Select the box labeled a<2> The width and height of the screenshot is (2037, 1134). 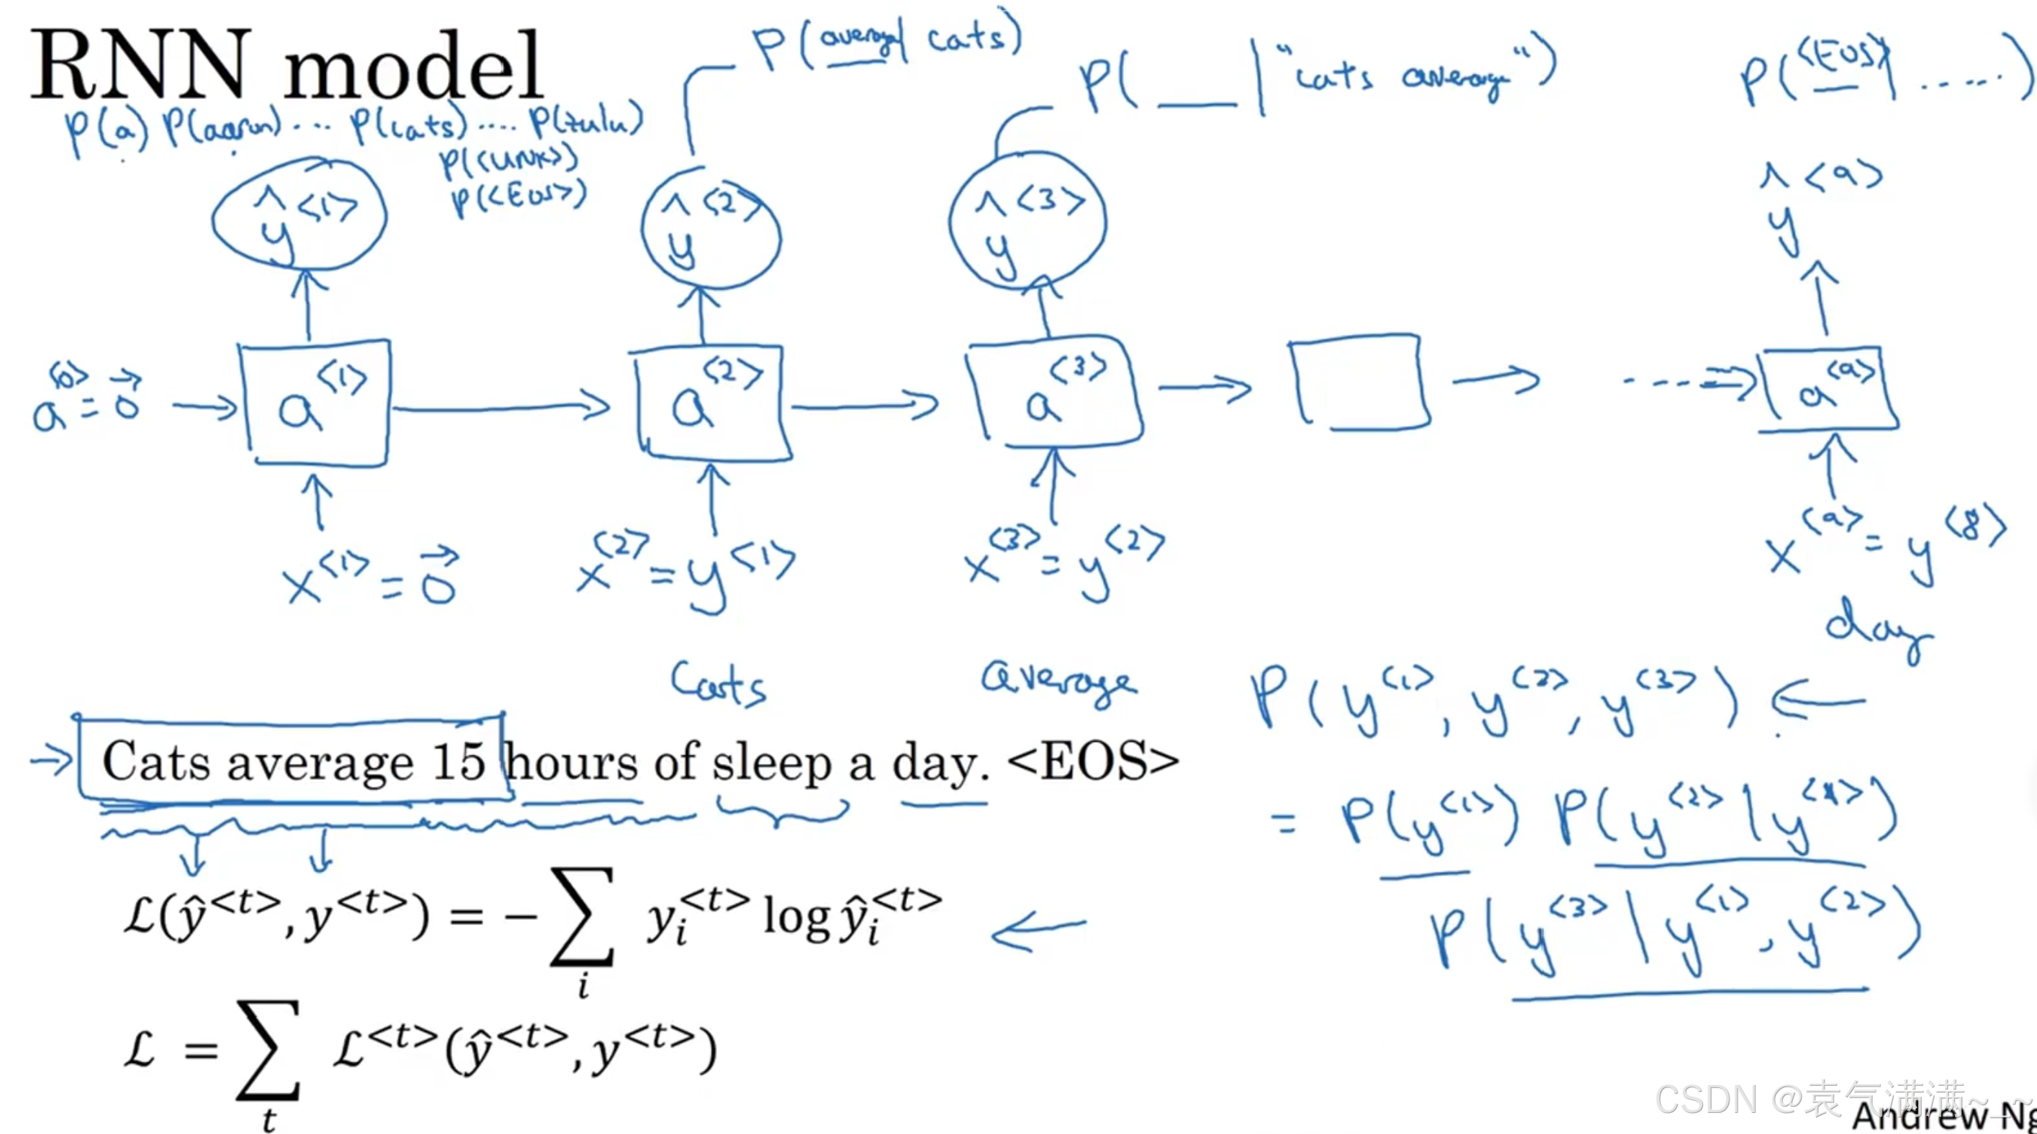point(712,403)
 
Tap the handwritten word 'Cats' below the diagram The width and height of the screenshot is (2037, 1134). point(718,683)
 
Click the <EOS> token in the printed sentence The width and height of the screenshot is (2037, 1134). point(1093,761)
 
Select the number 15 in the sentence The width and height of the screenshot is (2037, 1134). point(458,761)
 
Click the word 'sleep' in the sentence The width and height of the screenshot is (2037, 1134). point(771,764)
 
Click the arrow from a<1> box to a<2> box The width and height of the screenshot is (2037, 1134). point(502,407)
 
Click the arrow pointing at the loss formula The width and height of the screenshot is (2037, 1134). point(1038,929)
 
